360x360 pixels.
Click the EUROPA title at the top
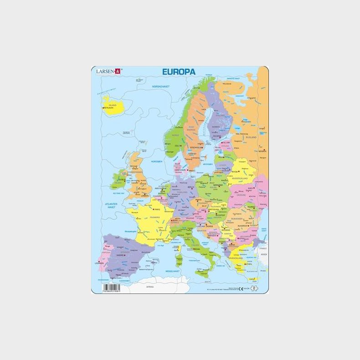click(x=179, y=72)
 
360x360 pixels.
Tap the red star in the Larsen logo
click(x=117, y=71)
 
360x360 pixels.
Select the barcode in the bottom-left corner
click(x=112, y=288)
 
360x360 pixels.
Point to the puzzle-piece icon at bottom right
click(x=256, y=288)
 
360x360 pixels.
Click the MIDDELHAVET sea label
click(x=173, y=271)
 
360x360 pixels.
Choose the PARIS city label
click(x=158, y=210)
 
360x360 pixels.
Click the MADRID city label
click(x=121, y=255)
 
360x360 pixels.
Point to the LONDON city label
click(x=145, y=196)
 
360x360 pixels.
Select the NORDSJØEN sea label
click(x=156, y=161)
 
